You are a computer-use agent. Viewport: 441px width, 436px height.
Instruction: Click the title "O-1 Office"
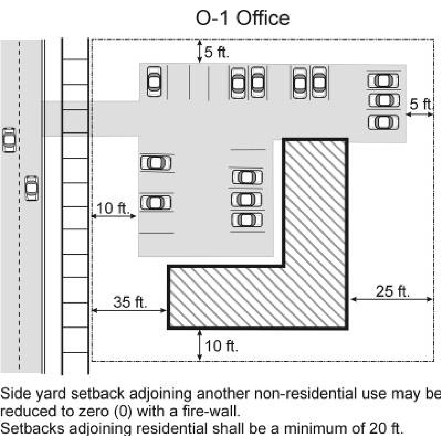pyautogui.click(x=243, y=18)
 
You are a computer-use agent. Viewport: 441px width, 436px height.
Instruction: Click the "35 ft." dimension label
pyautogui.click(x=130, y=302)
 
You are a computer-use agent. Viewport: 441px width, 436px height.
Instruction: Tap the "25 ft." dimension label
pyautogui.click(x=392, y=291)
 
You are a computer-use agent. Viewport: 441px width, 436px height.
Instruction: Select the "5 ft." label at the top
pyautogui.click(x=217, y=52)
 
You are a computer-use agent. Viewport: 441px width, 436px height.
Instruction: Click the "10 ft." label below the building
pyautogui.click(x=221, y=346)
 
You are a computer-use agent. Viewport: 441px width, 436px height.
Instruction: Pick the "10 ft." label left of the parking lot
pyautogui.click(x=113, y=208)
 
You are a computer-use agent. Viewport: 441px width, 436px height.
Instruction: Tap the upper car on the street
pyautogui.click(x=9, y=140)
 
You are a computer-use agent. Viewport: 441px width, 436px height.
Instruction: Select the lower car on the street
pyautogui.click(x=32, y=188)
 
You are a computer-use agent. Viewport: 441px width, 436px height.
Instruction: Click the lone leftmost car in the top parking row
pyautogui.click(x=154, y=82)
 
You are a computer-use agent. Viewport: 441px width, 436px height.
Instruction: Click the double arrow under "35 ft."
pyautogui.click(x=129, y=311)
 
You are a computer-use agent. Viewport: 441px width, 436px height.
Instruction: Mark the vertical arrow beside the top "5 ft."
pyautogui.click(x=199, y=52)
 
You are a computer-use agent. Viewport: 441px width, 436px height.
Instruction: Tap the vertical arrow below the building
pyautogui.click(x=199, y=345)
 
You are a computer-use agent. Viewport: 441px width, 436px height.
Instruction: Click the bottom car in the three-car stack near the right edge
pyautogui.click(x=383, y=123)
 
